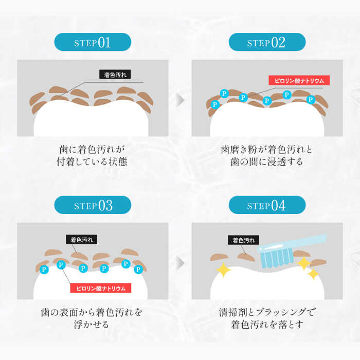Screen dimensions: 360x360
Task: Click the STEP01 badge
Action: [x=93, y=42]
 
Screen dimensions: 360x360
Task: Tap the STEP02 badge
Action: [x=267, y=42]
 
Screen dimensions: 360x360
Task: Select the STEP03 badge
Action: [x=93, y=205]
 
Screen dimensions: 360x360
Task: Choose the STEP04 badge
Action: [x=267, y=205]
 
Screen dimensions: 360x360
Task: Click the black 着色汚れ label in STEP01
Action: [x=115, y=75]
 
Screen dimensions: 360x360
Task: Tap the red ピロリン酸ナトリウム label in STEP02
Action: [x=299, y=80]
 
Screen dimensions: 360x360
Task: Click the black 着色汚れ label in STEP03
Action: [x=81, y=240]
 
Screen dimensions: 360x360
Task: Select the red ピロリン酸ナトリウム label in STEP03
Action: [x=101, y=288]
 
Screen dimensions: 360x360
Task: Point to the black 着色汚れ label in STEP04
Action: [x=244, y=240]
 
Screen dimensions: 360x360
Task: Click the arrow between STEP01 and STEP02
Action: [x=180, y=100]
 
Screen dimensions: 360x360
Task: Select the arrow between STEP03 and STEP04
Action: [x=180, y=262]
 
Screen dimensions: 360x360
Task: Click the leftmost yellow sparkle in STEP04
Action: [x=223, y=269]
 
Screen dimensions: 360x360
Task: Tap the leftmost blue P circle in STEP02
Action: [x=215, y=104]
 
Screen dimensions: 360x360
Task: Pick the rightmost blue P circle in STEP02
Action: [x=311, y=100]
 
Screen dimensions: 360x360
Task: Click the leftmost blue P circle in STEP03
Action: [x=44, y=269]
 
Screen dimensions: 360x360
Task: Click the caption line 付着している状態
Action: [x=92, y=161]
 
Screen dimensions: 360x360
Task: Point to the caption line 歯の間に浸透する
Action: [x=267, y=161]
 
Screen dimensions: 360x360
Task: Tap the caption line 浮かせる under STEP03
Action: [x=91, y=325]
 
